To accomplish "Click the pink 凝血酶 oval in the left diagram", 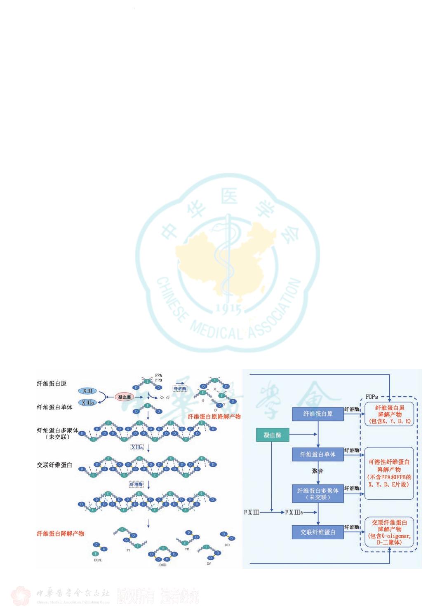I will [124, 397].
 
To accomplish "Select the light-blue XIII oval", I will [87, 391].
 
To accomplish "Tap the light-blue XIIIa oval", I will [87, 402].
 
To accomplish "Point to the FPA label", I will [159, 375].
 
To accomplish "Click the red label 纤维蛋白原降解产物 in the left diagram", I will [214, 416].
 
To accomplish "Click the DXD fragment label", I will [163, 565].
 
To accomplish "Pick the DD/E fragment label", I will [98, 560].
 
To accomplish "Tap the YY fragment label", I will [128, 550].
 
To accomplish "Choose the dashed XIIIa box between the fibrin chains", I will [137, 447].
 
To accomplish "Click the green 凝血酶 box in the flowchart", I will [272, 435].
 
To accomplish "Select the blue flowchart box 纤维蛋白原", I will [317, 414].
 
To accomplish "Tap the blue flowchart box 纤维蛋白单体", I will [317, 454].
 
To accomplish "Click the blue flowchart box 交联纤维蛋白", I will [317, 532].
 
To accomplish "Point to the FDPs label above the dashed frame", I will [372, 397].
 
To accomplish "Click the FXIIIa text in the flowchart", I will [294, 512].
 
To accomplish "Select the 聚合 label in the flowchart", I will [317, 471].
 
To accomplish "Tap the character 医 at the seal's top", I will [229, 197].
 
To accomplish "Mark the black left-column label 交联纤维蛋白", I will [54, 465].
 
